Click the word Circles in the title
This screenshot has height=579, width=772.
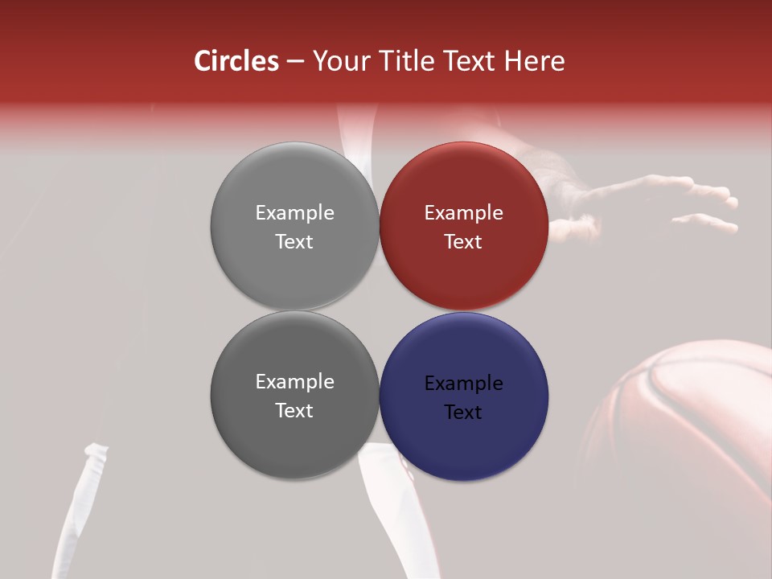click(236, 61)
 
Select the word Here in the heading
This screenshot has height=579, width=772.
click(535, 61)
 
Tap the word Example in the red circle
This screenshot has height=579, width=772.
click(464, 213)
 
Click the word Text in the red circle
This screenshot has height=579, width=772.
click(463, 242)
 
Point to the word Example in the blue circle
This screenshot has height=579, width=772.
click(464, 384)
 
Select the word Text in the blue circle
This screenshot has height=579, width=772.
click(463, 413)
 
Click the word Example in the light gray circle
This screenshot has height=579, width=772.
click(294, 213)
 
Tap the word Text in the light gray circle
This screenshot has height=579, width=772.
click(294, 242)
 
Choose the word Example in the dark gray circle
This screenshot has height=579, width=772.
click(294, 382)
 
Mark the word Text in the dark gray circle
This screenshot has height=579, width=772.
click(294, 411)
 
